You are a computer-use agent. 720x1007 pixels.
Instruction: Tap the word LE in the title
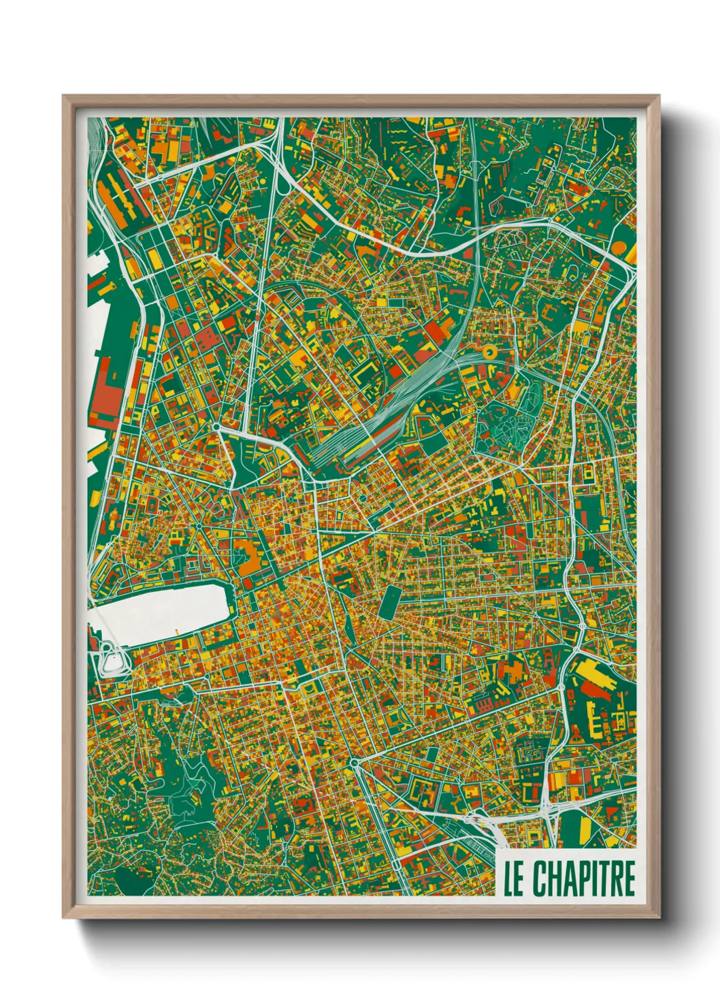coord(514,878)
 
